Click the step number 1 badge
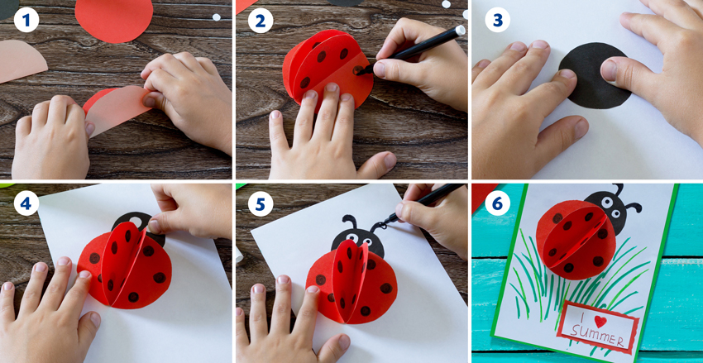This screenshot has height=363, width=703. [x=26, y=20]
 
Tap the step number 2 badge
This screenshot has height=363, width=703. [x=261, y=20]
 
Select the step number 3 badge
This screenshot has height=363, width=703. [x=497, y=20]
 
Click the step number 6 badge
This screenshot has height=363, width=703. [x=497, y=203]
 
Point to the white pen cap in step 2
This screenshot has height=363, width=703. [x=460, y=31]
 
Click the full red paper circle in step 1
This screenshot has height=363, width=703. [x=114, y=19]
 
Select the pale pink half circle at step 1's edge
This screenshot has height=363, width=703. [x=21, y=60]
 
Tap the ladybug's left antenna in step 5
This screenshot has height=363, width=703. [x=349, y=222]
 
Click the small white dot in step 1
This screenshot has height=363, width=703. [x=217, y=17]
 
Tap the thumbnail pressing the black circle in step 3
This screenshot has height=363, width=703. [x=609, y=70]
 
